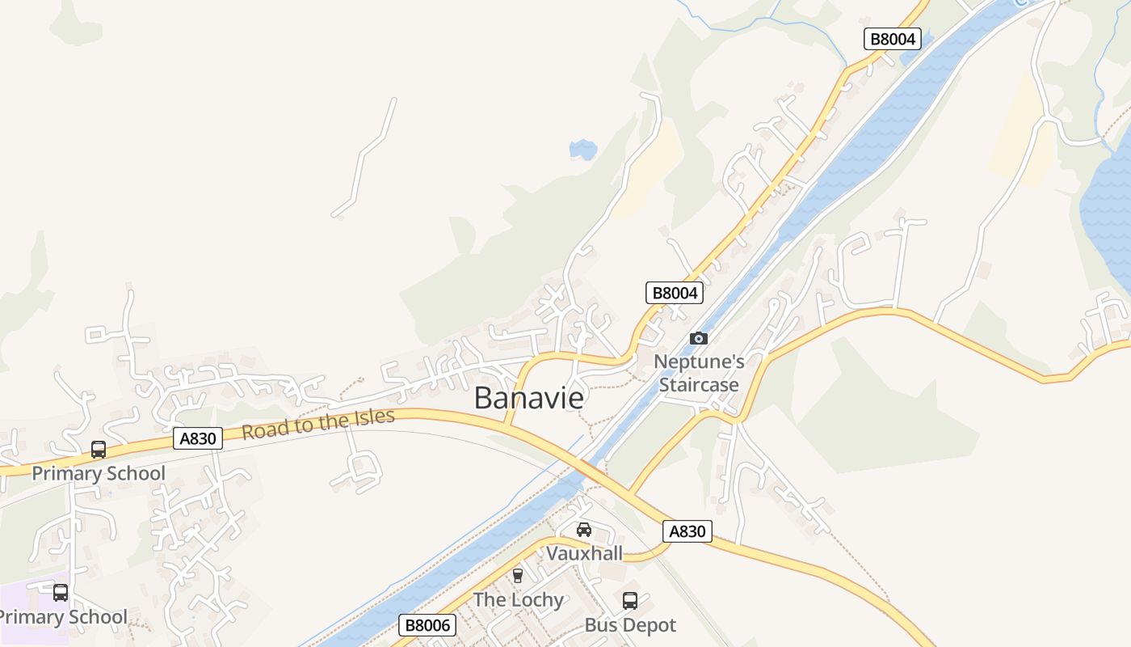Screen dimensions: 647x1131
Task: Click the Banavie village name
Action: point(528,398)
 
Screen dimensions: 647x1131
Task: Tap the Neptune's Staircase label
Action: point(699,373)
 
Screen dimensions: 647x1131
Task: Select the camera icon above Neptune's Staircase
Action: point(699,338)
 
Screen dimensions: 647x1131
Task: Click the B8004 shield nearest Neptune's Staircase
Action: point(675,293)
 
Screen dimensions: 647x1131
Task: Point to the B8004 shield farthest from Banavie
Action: point(893,39)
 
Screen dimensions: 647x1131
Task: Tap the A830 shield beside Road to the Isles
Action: point(198,438)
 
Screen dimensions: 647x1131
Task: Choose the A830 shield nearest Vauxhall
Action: point(687,531)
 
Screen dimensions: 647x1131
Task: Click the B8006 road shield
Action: point(427,625)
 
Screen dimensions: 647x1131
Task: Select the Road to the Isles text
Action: point(318,424)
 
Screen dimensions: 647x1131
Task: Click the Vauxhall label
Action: point(584,553)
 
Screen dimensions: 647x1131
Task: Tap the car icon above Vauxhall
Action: point(583,531)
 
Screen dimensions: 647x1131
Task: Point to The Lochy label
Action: point(518,599)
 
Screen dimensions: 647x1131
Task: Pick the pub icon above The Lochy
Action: point(518,576)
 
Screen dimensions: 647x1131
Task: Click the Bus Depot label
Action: point(630,625)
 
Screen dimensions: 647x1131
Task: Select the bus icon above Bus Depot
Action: point(630,601)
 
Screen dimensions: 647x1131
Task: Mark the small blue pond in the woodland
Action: point(582,150)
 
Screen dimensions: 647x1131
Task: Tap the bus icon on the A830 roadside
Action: point(99,450)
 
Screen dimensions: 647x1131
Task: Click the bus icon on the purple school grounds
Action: point(61,593)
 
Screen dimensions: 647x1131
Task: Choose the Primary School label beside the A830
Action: point(99,473)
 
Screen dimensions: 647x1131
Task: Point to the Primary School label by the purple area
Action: point(63,617)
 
